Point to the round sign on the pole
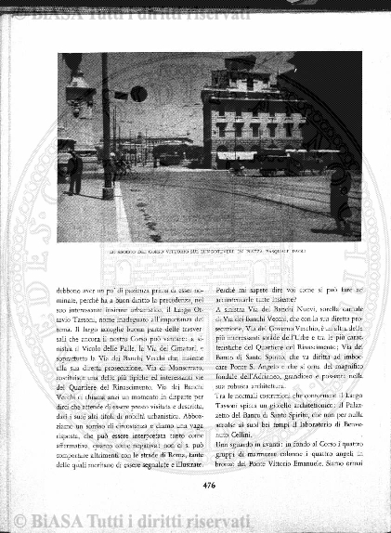[x=137, y=94]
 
